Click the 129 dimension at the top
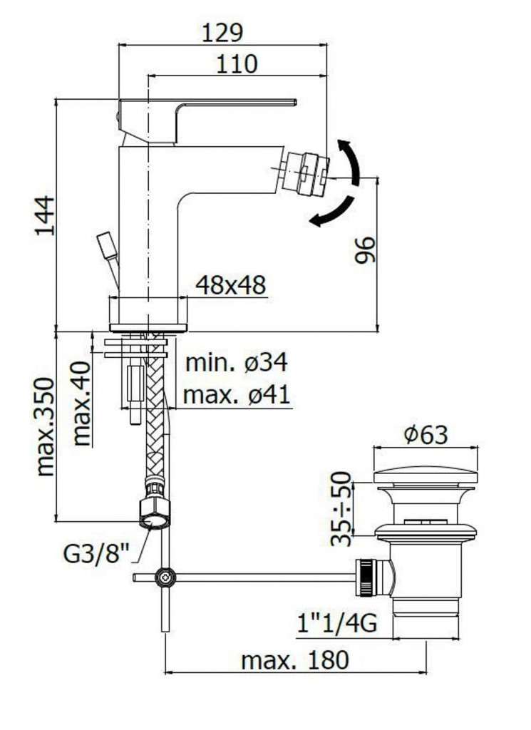222,33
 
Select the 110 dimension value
237,63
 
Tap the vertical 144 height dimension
46,216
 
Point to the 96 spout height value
364,250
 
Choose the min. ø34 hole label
237,362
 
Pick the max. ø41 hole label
237,395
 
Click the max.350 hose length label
45,426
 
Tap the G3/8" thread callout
96,554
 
